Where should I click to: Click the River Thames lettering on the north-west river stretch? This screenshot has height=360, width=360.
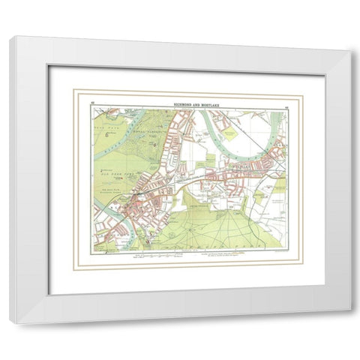(x=120, y=132)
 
